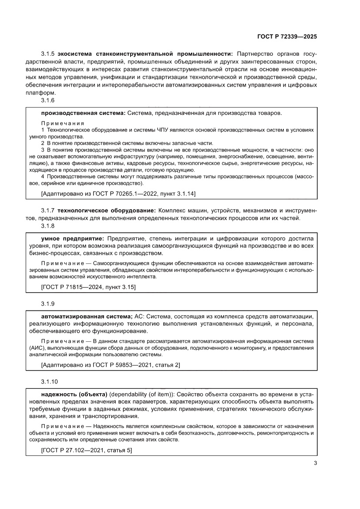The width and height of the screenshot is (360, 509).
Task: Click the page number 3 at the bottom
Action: [315, 463]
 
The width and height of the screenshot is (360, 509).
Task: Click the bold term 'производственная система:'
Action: [83, 113]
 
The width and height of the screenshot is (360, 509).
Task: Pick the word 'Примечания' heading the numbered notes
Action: [62, 123]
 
